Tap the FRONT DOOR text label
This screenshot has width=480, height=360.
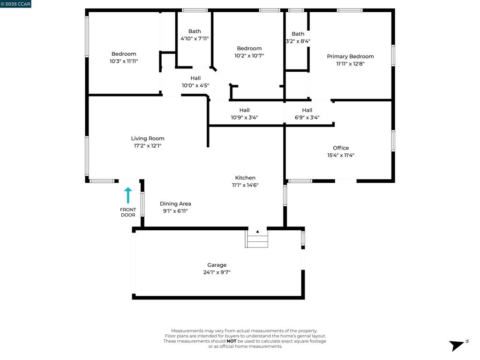[128, 212]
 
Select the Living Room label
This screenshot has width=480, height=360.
[148, 138]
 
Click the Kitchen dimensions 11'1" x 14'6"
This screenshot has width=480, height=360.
[245, 185]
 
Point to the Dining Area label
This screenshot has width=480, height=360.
[175, 203]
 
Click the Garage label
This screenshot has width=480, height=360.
[217, 265]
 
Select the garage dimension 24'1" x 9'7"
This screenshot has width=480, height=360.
[217, 272]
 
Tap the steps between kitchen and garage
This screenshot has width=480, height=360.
[257, 239]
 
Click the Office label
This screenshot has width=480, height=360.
[341, 148]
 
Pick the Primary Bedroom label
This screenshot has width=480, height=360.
[350, 56]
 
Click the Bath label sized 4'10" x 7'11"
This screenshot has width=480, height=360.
[195, 31]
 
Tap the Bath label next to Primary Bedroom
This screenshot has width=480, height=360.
[298, 34]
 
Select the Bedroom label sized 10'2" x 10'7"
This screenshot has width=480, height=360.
[249, 48]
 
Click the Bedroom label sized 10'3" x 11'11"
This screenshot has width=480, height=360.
[124, 54]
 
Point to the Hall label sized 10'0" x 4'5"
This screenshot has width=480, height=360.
[195, 78]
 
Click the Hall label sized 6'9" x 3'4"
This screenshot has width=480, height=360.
[307, 110]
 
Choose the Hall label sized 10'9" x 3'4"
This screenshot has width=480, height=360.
[244, 110]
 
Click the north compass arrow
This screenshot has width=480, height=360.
[457, 345]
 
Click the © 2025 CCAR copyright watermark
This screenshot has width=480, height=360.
[15, 4]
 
